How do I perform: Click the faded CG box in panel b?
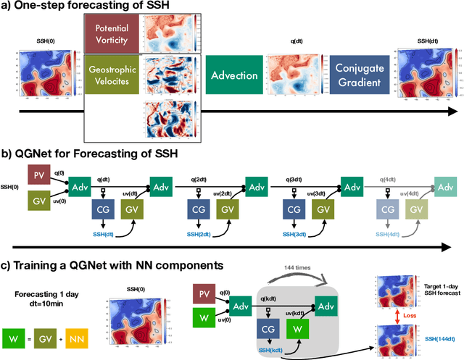(389, 208)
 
